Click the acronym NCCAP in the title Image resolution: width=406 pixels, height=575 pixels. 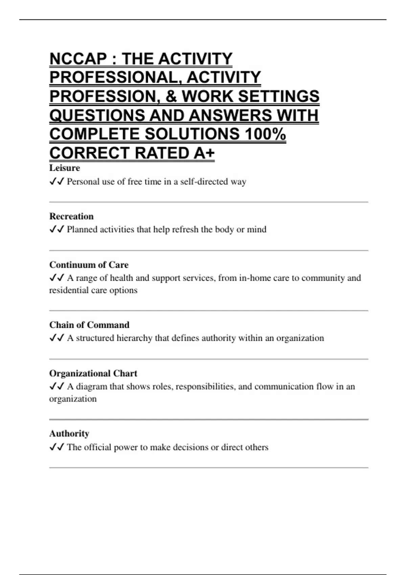click(78, 59)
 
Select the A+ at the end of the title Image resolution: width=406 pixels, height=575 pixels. click(204, 153)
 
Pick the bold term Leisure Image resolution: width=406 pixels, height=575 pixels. click(65, 168)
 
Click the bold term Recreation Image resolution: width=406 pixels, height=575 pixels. click(71, 216)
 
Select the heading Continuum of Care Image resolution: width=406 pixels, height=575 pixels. click(89, 264)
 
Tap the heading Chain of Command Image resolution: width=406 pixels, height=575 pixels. click(89, 325)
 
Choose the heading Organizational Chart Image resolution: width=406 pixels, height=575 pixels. click(93, 373)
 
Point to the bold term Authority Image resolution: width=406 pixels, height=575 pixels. click(69, 433)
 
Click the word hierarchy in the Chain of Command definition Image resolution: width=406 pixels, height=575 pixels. click(134, 338)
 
